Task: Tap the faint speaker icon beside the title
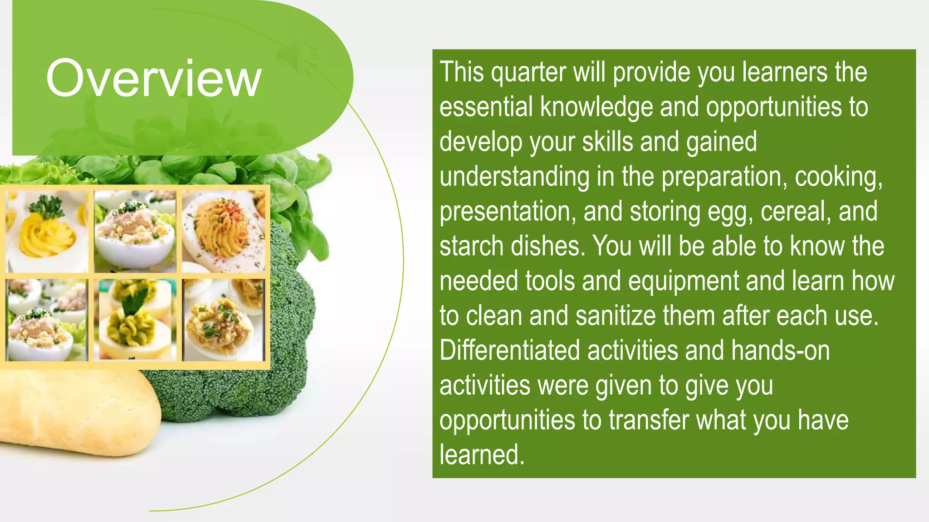pyautogui.click(x=297, y=55)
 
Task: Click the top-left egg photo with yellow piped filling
pyautogui.click(x=47, y=232)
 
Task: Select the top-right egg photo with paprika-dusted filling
pyautogui.click(x=223, y=232)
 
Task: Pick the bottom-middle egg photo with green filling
pyautogui.click(x=135, y=319)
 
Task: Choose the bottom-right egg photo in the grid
pyautogui.click(x=223, y=319)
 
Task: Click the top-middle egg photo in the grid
pyautogui.click(x=135, y=232)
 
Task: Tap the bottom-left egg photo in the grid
pyautogui.click(x=47, y=319)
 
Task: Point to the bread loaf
pyautogui.click(x=77, y=412)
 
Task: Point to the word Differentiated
pyautogui.click(x=510, y=351)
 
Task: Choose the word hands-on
pyautogui.click(x=780, y=351)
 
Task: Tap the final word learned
pyautogui.click(x=482, y=454)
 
